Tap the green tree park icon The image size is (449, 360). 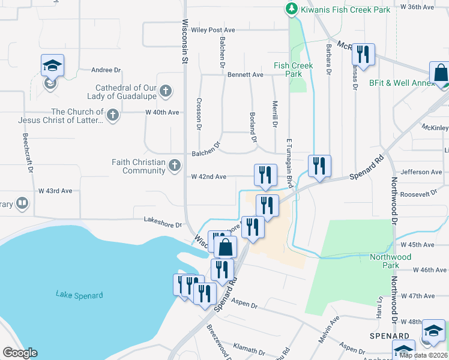pyautogui.click(x=291, y=9)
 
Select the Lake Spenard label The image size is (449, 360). pyautogui.click(x=79, y=295)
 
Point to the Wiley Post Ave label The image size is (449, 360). pyautogui.click(x=213, y=30)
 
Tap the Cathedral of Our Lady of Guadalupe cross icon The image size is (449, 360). pyautogui.click(x=166, y=92)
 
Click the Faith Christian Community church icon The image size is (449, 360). pyautogui.click(x=175, y=165)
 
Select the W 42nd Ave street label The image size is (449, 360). pyautogui.click(x=208, y=177)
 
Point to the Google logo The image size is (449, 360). pyautogui.click(x=20, y=353)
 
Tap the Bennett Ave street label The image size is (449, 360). pyautogui.click(x=245, y=75)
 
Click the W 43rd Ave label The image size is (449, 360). pyautogui.click(x=55, y=191)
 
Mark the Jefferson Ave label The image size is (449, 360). pyautogui.click(x=421, y=172)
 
